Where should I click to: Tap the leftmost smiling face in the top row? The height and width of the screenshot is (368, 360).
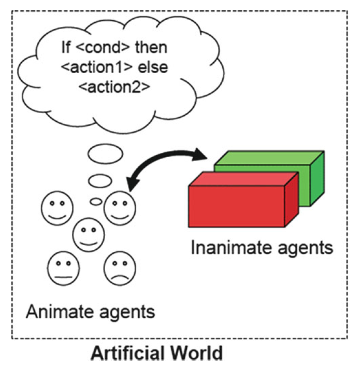[57, 206]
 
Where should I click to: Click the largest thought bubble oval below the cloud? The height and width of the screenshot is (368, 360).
[105, 153]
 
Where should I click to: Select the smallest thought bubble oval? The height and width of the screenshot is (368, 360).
[96, 202]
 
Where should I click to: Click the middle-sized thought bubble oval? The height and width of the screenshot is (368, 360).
[100, 181]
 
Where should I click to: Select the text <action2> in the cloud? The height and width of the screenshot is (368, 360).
[114, 86]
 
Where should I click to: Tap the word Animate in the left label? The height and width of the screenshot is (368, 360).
[55, 313]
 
